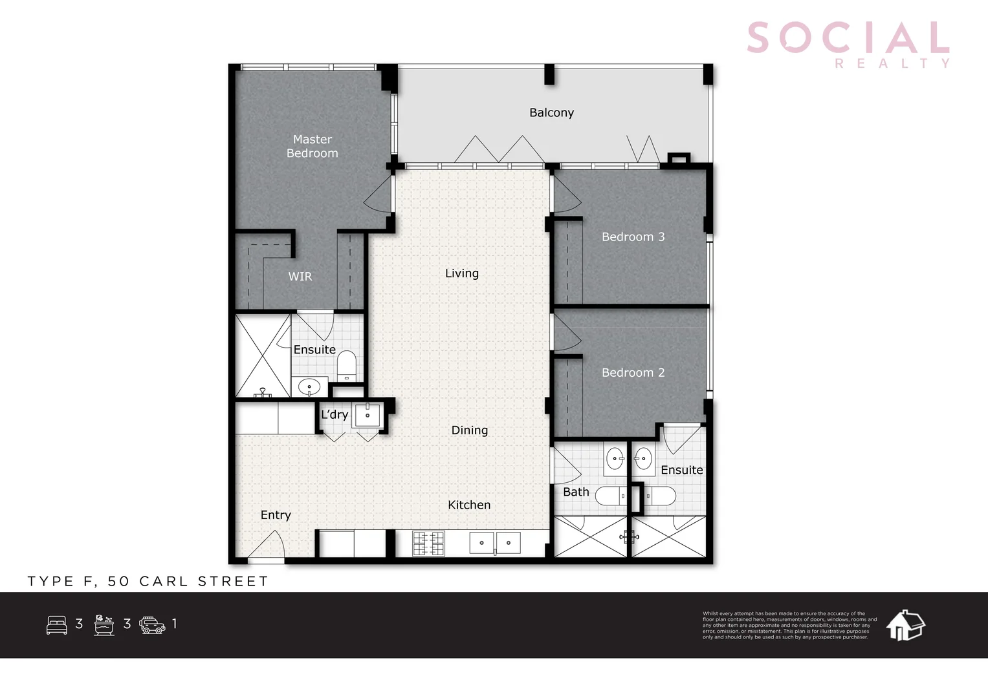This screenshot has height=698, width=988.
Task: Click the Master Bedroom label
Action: (x=312, y=146)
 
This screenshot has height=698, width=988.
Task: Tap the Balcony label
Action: (x=551, y=112)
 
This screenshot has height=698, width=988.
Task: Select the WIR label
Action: (x=300, y=277)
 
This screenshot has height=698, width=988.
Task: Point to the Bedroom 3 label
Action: (x=633, y=237)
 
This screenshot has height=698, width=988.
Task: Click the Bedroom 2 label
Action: (x=633, y=372)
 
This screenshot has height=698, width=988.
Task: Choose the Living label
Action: (x=461, y=273)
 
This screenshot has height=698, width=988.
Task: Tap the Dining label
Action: (x=469, y=430)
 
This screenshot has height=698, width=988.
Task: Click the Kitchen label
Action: (x=468, y=505)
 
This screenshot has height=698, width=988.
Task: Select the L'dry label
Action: (x=335, y=414)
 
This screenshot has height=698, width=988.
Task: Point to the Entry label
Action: (x=276, y=515)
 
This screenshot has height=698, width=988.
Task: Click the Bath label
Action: (x=576, y=492)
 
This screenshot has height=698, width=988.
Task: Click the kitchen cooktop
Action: (x=428, y=543)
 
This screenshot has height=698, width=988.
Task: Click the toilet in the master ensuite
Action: (x=347, y=365)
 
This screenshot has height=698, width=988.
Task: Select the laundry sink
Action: (x=368, y=414)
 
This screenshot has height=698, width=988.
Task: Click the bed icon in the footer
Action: (x=57, y=624)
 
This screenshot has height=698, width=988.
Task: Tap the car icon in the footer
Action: (x=152, y=624)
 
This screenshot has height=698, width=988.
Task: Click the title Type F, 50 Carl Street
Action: (x=148, y=581)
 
